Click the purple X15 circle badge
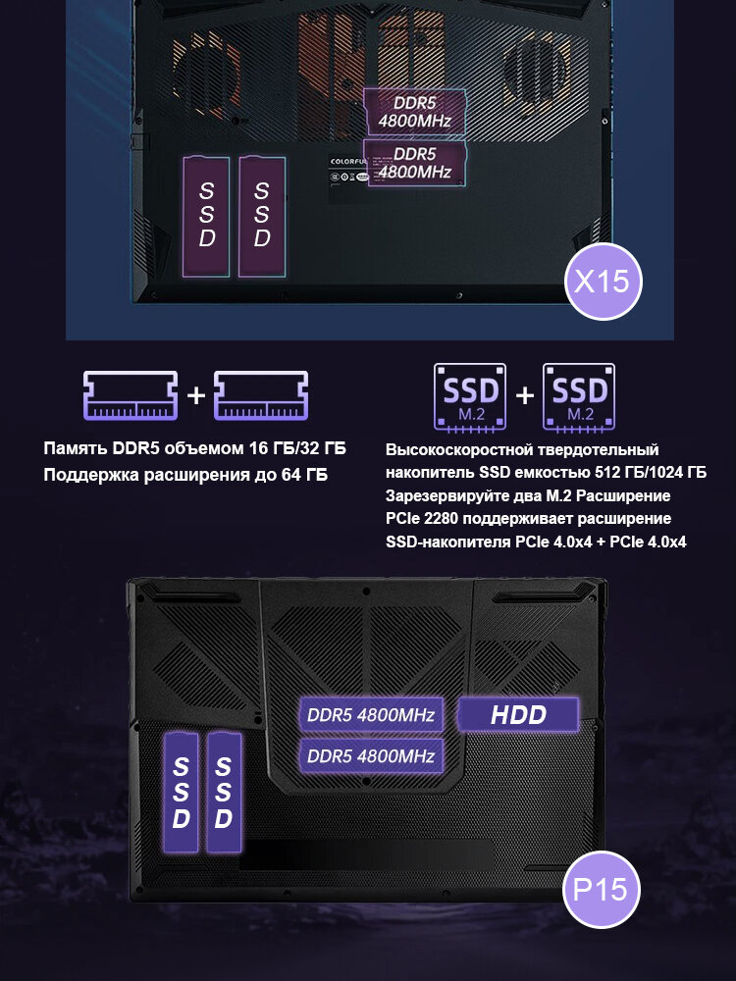[601, 283]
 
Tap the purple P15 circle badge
[601, 890]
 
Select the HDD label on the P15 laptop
[518, 714]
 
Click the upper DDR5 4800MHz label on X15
[414, 112]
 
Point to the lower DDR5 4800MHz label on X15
[414, 163]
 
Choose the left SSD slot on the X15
[206, 215]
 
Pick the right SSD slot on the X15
[261, 215]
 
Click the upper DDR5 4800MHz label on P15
[370, 714]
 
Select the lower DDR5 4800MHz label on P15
[370, 756]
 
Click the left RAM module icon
[131, 395]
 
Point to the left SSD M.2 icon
[471, 396]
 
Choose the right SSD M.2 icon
[579, 396]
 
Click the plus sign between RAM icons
[196, 395]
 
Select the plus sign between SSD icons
[525, 396]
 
